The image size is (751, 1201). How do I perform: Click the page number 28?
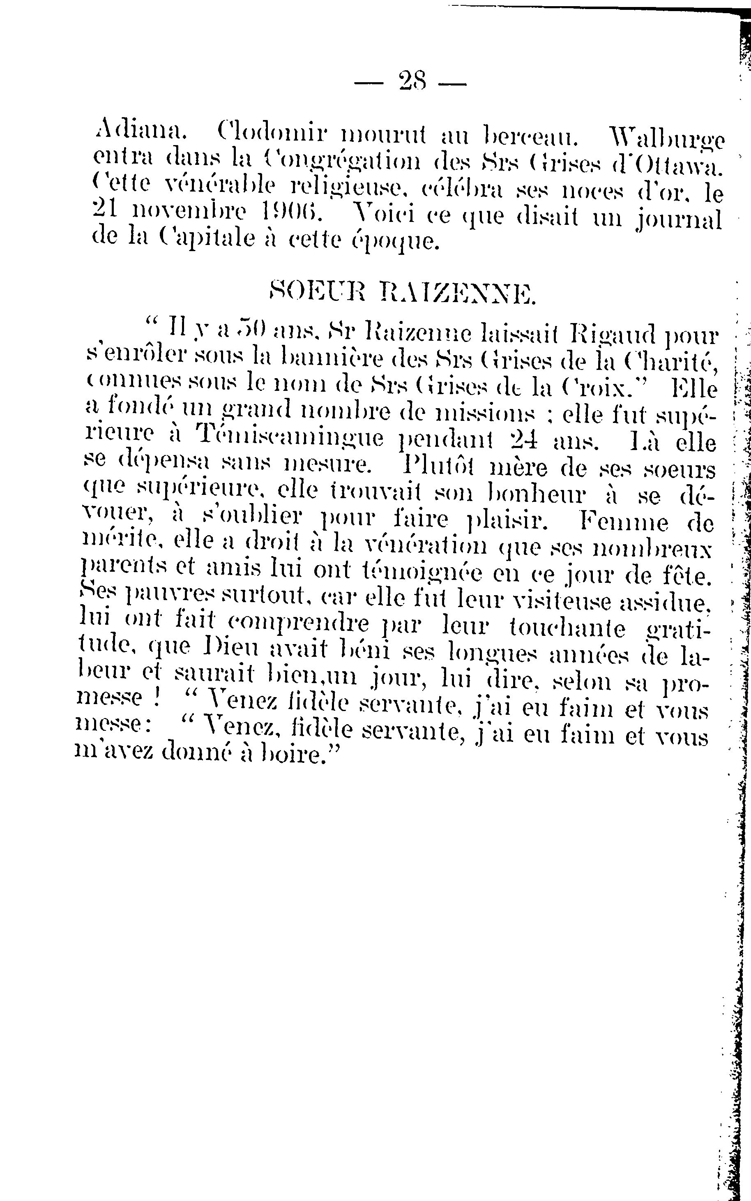(412, 81)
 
